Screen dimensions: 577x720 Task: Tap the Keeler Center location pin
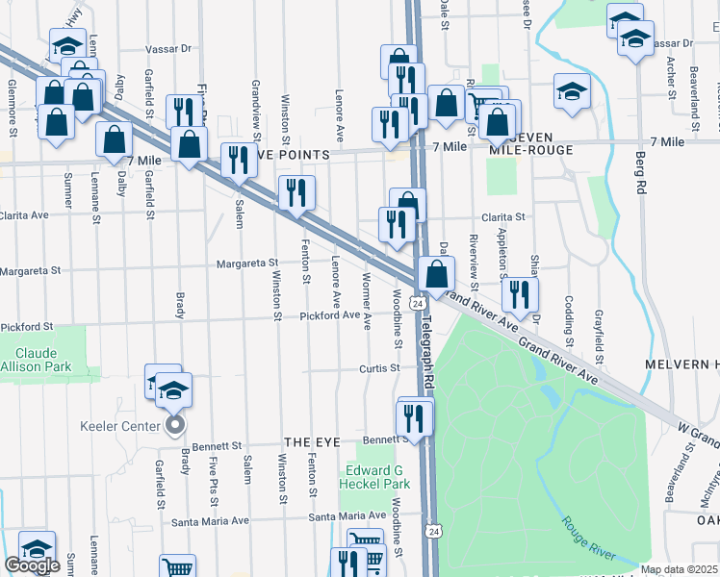click(174, 424)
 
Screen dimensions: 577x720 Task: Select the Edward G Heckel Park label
click(377, 476)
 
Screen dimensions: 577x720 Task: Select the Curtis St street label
click(379, 368)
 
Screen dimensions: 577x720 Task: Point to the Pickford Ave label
click(329, 315)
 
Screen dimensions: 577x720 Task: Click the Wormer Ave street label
click(367, 306)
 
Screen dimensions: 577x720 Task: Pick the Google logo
click(32, 564)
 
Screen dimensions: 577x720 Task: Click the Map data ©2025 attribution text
click(679, 569)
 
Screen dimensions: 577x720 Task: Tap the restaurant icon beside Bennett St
click(415, 417)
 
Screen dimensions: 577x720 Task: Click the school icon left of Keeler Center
click(162, 381)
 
